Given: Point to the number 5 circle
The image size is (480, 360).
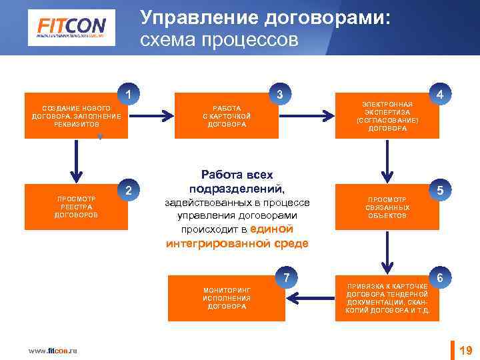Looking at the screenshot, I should point(439,191).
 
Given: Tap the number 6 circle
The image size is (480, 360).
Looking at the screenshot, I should point(439,277).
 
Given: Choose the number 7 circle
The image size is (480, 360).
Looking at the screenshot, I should point(286,277).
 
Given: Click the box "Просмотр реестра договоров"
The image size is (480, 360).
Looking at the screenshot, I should point(76,207).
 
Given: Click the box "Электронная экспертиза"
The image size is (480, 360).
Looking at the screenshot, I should point(387,116).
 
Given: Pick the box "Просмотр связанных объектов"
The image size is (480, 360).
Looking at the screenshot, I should point(387,207).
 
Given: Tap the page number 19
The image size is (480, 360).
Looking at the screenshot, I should point(466,350).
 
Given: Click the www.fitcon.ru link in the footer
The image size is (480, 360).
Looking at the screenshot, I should point(53,351).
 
